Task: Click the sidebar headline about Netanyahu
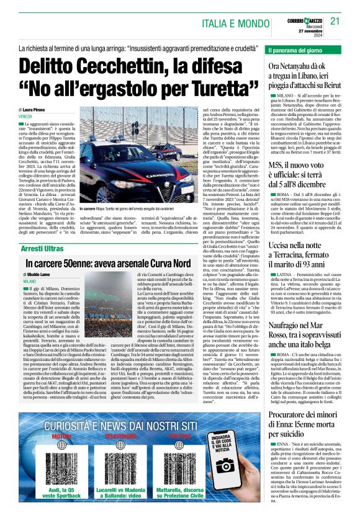305,74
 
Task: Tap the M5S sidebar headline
305,164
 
